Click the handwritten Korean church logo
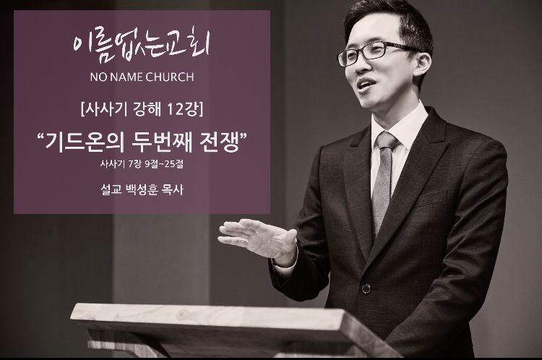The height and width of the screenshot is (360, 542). tap(142, 48)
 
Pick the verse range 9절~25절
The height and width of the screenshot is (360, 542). tap(164, 163)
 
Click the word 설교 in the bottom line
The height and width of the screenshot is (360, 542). tap(111, 189)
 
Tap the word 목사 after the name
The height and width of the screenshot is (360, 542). tap(173, 189)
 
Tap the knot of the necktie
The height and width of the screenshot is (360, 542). tap(386, 140)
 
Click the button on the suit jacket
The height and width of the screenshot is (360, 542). tap(366, 288)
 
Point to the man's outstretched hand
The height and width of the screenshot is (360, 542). tap(257, 239)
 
